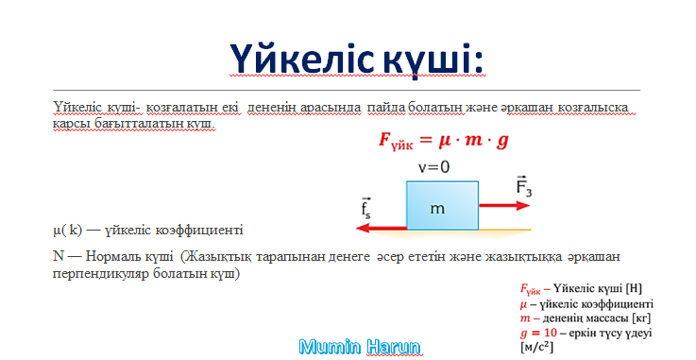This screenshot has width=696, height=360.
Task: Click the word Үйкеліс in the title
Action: coord(301,60)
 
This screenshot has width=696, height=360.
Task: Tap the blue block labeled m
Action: coord(442,206)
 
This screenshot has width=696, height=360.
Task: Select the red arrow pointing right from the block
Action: coord(504,206)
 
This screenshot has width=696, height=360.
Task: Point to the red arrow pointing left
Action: coord(382,228)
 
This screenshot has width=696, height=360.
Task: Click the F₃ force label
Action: coord(524,185)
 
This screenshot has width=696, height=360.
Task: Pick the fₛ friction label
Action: coord(365,208)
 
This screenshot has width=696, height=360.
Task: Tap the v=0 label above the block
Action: coord(433,167)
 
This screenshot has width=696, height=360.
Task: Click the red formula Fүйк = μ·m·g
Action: coord(444,141)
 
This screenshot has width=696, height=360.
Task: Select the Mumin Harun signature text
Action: coord(360,347)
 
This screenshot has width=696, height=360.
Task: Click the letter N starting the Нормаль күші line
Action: coord(59,256)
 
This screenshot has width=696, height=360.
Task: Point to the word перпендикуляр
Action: coord(101,272)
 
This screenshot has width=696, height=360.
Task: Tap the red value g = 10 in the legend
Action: coord(538,333)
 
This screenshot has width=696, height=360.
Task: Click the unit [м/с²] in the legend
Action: coord(536,346)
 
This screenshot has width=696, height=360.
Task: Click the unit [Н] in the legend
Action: coord(634,288)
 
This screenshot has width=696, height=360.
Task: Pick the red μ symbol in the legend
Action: coord(523,304)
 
